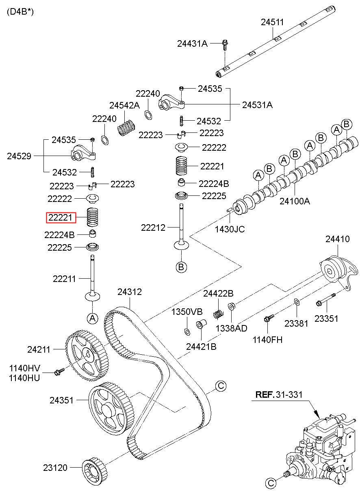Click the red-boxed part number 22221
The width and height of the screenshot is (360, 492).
[x=61, y=217]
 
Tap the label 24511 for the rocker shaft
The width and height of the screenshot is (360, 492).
[x=272, y=22]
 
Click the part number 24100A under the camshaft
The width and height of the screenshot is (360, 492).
[x=295, y=201]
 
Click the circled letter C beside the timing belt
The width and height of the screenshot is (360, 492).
[x=221, y=386]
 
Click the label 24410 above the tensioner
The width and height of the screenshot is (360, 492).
[x=337, y=239]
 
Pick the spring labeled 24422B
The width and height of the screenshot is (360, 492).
[x=218, y=314]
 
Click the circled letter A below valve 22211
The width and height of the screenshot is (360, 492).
[x=93, y=318]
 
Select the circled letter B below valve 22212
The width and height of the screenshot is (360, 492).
[x=181, y=267]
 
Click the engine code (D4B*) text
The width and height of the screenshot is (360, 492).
[x=20, y=11]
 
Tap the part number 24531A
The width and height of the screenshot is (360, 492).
[x=257, y=105]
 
